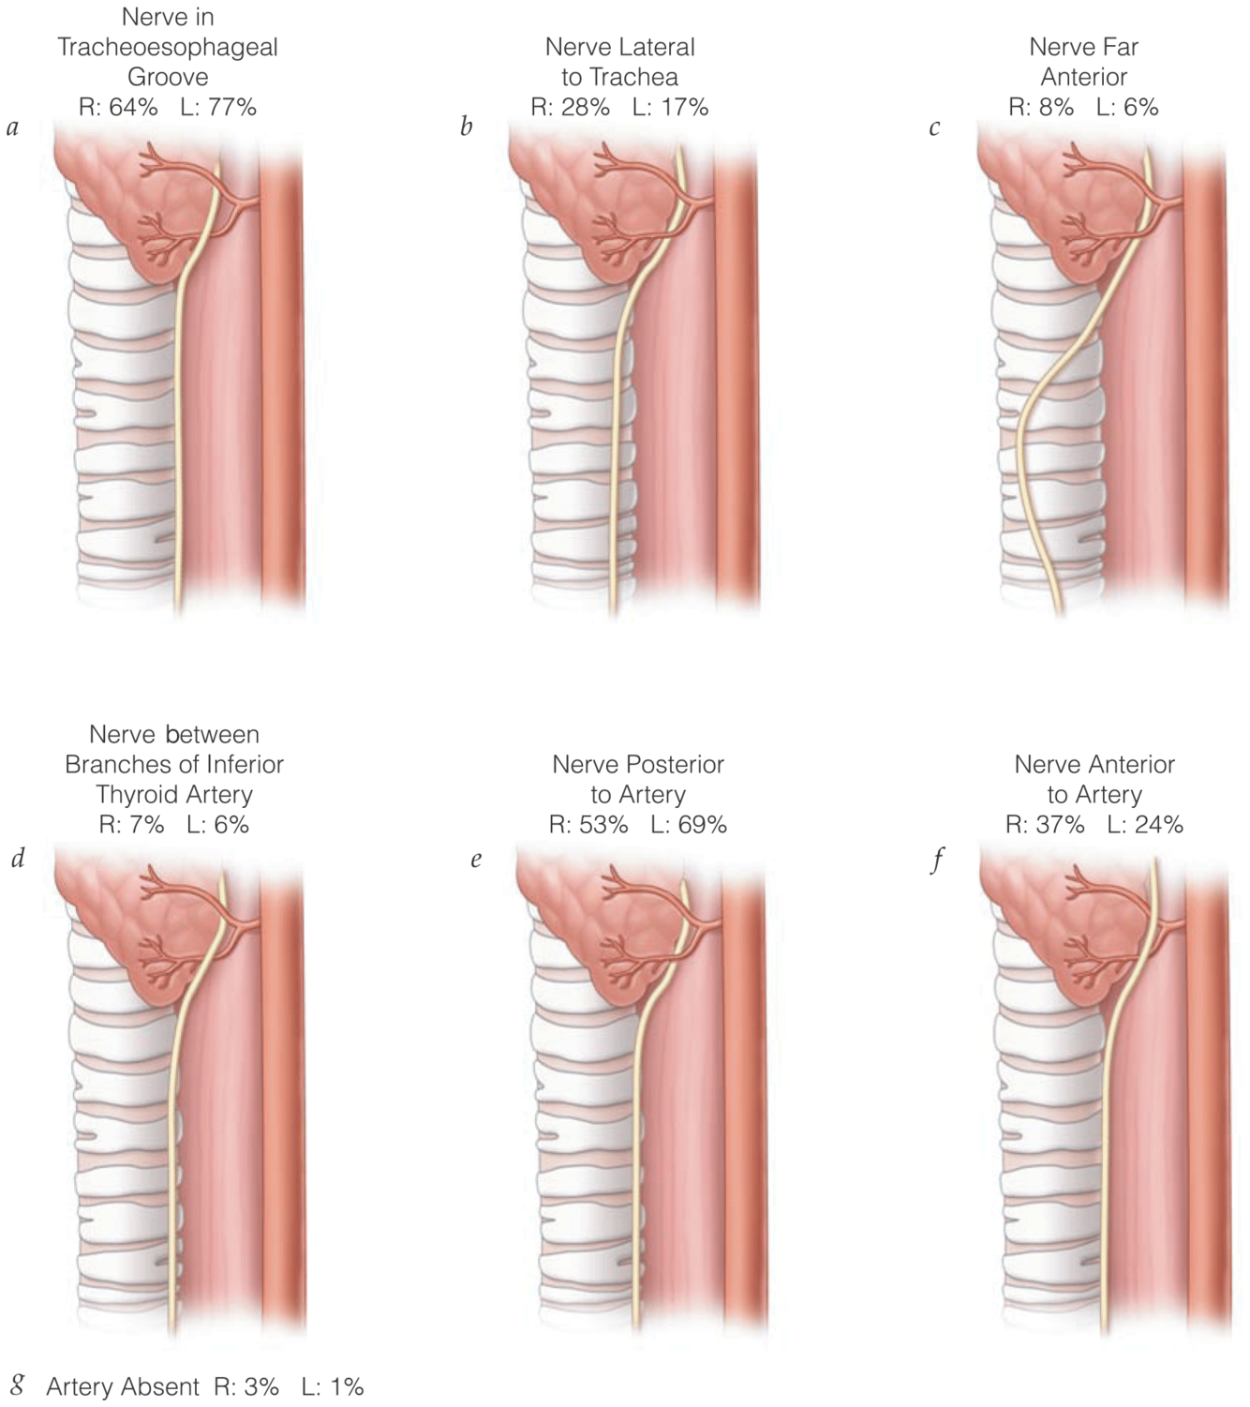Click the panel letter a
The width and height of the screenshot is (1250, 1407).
tap(12, 127)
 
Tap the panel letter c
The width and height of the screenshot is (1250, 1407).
tap(934, 127)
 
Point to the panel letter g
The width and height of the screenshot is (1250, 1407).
tap(18, 1384)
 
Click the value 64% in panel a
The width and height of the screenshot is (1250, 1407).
tap(131, 107)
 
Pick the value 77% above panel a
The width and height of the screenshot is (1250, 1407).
tap(231, 107)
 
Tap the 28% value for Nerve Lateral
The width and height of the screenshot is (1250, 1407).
tap(585, 107)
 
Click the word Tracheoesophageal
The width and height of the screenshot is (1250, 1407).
tap(168, 47)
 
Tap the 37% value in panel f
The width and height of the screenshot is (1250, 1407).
tap(1059, 825)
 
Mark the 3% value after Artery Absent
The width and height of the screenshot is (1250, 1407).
tap(261, 1386)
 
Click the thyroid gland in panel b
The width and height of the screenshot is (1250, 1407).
tap(572, 206)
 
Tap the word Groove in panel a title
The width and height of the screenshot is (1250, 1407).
tap(168, 77)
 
